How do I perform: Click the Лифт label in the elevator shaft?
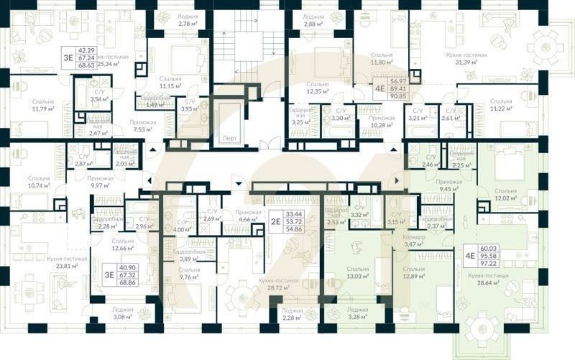click(x=229, y=137)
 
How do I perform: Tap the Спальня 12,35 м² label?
click(x=317, y=88)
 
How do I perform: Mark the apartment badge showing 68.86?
click(x=119, y=274)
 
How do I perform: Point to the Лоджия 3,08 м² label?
click(x=123, y=313)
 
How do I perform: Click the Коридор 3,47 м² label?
click(x=415, y=241)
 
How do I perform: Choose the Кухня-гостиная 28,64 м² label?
click(x=489, y=279)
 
